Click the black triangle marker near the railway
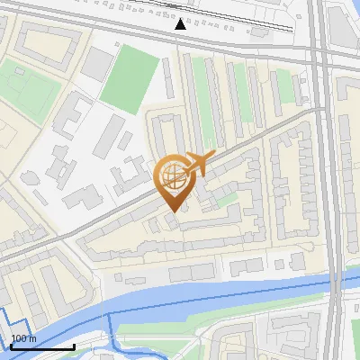point(181,23)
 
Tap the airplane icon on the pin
point(198,163)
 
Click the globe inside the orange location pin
point(172,175)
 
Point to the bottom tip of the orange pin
point(172,211)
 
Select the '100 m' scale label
point(24,338)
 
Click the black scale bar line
point(42,346)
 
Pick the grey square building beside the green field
point(98,62)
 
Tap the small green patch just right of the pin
point(224,197)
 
